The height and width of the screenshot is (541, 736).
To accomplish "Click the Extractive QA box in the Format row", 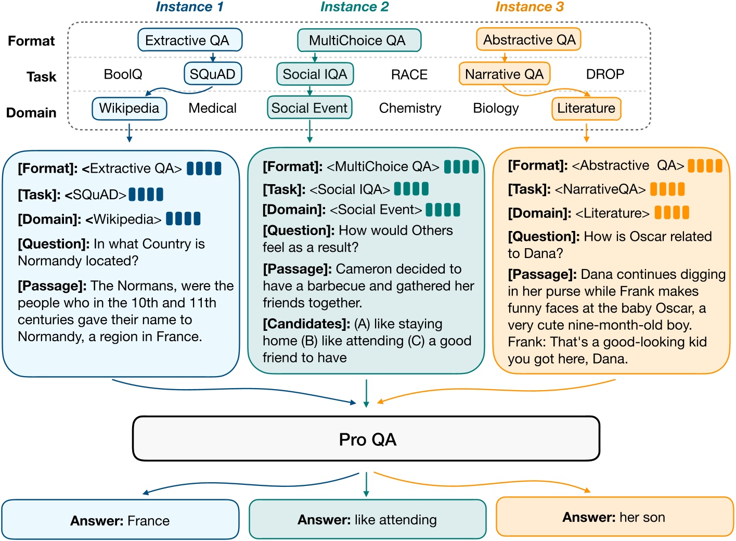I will [190, 40].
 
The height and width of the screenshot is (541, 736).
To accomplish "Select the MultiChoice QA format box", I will [359, 40].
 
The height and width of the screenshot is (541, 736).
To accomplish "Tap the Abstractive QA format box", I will [528, 40].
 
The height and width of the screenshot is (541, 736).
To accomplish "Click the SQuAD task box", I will [213, 74].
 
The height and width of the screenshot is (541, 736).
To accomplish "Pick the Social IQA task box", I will [315, 74].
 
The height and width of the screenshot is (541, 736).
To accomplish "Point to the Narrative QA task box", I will [504, 74].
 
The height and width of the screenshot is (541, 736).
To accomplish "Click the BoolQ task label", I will [123, 74].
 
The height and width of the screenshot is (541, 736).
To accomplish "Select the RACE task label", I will [409, 75].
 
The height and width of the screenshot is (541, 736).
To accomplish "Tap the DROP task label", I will [605, 74].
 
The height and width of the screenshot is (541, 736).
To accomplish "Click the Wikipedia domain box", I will [130, 108].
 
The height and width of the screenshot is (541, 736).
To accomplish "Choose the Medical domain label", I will [212, 108].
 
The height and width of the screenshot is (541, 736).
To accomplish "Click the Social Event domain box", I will [309, 108].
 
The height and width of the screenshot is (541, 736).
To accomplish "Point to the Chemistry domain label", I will [410, 108].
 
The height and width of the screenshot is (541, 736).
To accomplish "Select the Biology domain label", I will [496, 108].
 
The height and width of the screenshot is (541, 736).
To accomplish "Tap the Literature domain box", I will [586, 108].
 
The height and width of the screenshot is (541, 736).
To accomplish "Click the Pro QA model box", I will [367, 439].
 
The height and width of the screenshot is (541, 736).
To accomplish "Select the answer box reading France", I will [120, 520].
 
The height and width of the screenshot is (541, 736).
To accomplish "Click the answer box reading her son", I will [614, 517].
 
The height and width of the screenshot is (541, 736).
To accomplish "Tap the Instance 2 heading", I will [354, 7].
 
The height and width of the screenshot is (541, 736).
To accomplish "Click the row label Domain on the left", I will [31, 112].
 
